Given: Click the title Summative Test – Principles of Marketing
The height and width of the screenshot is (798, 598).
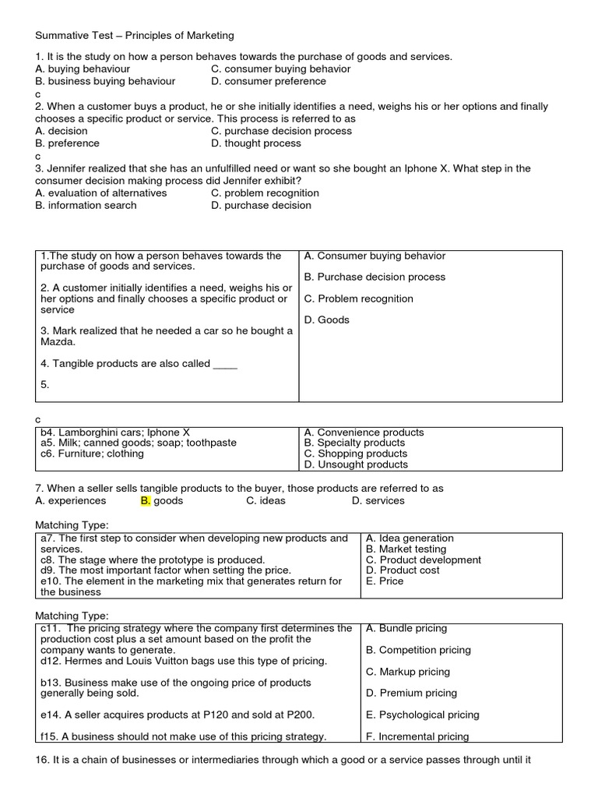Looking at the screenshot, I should tap(135, 35).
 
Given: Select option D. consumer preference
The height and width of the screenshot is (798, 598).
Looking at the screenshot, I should tap(269, 81).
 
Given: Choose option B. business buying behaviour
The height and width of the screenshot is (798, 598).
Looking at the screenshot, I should tap(105, 81).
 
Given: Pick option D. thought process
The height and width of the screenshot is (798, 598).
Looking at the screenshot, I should tap(256, 143).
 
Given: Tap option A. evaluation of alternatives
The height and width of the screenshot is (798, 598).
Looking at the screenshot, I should tap(101, 192).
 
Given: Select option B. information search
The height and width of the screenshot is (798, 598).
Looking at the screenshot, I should tap(86, 205).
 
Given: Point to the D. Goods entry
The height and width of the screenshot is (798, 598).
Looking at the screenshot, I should tap(326, 320).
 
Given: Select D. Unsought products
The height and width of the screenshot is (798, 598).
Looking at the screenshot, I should tap(356, 464).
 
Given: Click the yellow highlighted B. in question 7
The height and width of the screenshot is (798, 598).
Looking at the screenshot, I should tap(145, 501).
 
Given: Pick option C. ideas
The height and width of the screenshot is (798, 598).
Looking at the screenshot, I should tap(262, 501).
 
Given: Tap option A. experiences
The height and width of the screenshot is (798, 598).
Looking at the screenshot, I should tap(71, 501).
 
